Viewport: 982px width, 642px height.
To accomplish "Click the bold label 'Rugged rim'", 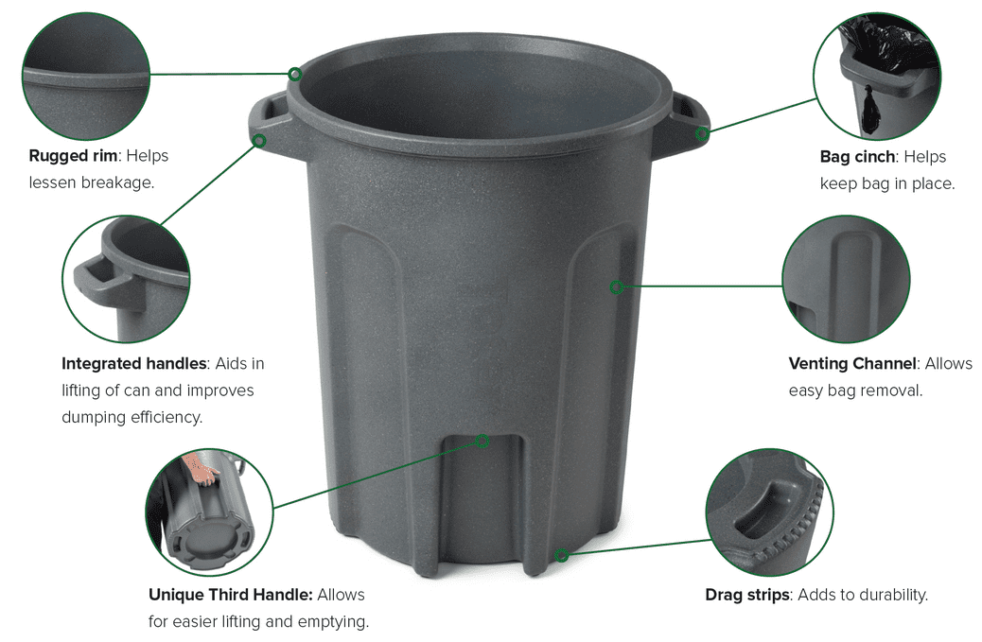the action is [73, 156].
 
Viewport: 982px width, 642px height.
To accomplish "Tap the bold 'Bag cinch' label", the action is [857, 156].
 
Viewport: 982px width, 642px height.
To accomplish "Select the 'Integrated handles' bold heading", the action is [134, 364].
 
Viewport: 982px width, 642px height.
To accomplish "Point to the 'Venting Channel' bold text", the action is [853, 364].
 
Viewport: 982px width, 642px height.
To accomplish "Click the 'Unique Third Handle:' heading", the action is [231, 595].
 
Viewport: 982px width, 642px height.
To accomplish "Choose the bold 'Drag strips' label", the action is [747, 595].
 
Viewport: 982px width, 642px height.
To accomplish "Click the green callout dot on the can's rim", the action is [295, 74].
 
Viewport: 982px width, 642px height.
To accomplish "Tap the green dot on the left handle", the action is [259, 141].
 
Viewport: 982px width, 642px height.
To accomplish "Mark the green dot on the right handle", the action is [702, 133].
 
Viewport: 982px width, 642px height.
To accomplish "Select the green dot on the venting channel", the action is [617, 287].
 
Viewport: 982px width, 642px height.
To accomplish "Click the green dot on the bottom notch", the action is [482, 442].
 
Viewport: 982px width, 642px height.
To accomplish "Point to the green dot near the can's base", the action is [562, 555].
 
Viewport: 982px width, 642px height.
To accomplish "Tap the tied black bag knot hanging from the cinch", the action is [870, 109].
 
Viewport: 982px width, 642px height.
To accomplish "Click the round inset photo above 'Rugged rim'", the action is [86, 76].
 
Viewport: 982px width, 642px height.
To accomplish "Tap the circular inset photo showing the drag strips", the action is [770, 512].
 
